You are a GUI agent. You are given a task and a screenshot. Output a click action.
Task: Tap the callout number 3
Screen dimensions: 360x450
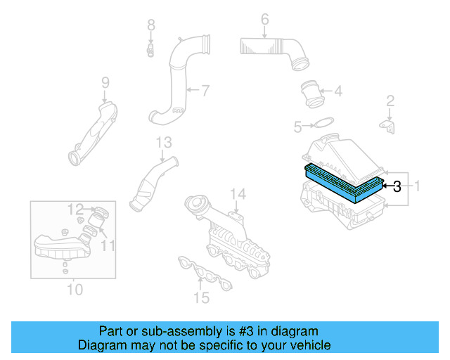pos(397,186)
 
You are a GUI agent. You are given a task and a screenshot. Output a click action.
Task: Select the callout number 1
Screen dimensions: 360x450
pos(416,186)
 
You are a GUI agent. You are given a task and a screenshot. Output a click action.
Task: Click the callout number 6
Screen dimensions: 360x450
pos(264,19)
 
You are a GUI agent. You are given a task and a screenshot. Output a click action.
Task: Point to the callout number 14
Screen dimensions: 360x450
pos(238,194)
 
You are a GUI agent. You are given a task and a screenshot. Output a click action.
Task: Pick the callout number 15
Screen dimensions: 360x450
pos(201,298)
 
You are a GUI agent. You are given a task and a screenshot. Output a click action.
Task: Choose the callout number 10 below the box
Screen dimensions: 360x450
pos(75,289)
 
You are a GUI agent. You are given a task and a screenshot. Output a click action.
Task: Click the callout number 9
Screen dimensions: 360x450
pos(105,83)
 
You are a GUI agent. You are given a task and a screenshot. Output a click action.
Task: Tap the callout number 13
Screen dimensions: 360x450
pos(163,143)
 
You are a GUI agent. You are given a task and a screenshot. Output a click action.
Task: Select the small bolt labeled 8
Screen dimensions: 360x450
pos(150,50)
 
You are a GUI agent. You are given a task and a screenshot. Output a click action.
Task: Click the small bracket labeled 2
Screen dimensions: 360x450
pos(387,125)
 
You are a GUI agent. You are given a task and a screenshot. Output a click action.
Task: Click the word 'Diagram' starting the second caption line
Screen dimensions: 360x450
pos(101,345)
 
